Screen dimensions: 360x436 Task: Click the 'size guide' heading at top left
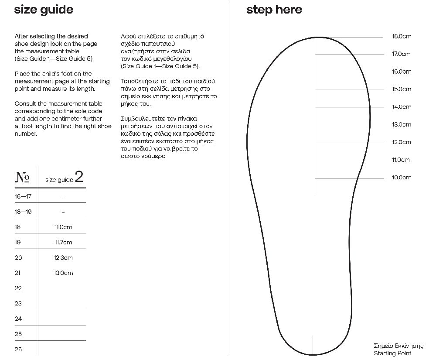(44, 10)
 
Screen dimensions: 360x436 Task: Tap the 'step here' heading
(274, 10)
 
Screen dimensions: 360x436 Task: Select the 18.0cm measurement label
(401, 36)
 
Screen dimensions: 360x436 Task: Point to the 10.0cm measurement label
(401, 178)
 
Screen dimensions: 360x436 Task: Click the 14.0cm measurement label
(401, 107)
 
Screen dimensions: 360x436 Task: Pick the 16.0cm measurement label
(401, 72)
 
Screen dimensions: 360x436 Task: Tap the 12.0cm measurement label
(401, 142)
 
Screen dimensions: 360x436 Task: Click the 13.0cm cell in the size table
(63, 273)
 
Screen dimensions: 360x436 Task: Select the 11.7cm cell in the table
(63, 243)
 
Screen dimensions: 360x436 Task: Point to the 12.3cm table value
(63, 258)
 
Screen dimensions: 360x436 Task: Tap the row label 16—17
(23, 196)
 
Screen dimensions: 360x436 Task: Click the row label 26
(18, 349)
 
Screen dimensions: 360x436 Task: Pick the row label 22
(18, 288)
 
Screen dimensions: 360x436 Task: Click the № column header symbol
(23, 177)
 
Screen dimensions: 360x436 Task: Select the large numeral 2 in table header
(79, 177)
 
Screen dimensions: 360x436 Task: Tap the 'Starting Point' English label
(392, 353)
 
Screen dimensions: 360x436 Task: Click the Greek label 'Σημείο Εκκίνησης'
(399, 346)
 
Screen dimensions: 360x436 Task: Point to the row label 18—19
(23, 212)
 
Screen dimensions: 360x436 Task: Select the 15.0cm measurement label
(401, 89)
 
